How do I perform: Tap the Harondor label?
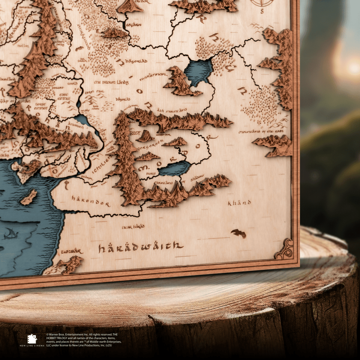click(x=91, y=201)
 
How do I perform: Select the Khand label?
click(x=239, y=203)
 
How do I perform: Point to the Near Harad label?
click(x=133, y=227)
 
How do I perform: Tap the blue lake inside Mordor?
click(x=174, y=169)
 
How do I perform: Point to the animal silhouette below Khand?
click(x=239, y=233)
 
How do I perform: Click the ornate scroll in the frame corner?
click(x=284, y=249)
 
